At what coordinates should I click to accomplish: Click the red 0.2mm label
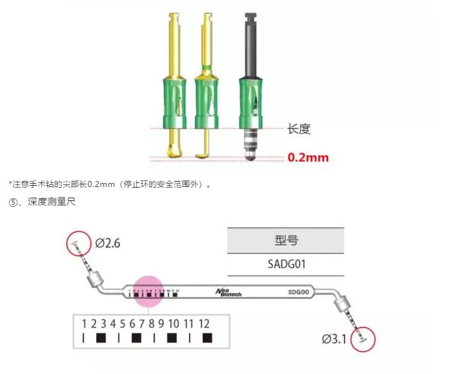pos(308,158)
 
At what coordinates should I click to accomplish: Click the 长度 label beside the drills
pos(299,129)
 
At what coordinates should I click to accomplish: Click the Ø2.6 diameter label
pos(107,243)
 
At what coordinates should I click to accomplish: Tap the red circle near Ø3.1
pos(364,340)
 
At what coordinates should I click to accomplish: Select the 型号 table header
pos(285,241)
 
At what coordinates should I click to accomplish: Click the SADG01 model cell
pos(285,265)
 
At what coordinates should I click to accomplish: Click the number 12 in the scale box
pos(203,324)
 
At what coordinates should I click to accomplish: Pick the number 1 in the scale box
pos(84,324)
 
